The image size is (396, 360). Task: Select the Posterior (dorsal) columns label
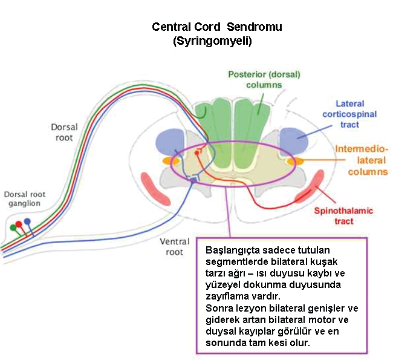tap(264, 79)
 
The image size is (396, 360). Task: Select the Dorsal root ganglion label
tap(22, 199)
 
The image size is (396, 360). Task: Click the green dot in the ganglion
tap(13, 228)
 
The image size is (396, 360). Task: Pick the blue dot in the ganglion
tap(27, 221)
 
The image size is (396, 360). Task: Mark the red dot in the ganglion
tap(19, 224)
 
